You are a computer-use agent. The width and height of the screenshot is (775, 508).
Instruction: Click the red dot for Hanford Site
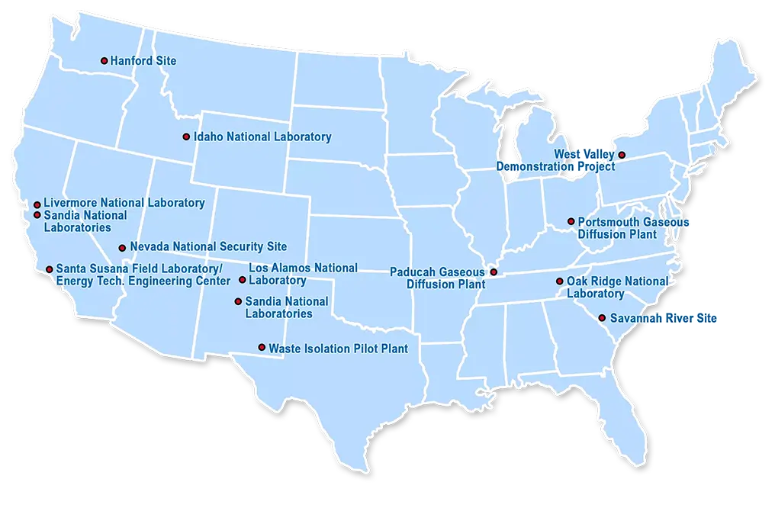coord(105,60)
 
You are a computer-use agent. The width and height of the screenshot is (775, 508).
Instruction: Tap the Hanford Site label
coord(143,60)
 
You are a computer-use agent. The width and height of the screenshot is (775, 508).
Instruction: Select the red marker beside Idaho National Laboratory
coord(186,137)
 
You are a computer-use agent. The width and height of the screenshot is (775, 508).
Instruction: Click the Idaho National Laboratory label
coord(262,137)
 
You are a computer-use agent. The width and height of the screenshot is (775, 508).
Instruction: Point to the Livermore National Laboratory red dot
coord(37,204)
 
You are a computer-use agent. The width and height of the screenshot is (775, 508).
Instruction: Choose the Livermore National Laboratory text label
coord(124,203)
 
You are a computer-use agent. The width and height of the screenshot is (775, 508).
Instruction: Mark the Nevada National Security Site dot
coord(122,248)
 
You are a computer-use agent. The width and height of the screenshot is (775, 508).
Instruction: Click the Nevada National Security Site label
coord(208,247)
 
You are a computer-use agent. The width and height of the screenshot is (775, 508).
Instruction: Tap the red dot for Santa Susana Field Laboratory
coord(50,269)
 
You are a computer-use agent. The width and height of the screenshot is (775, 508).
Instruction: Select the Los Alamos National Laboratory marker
coord(243,280)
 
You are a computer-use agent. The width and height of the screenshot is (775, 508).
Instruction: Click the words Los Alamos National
coord(303,268)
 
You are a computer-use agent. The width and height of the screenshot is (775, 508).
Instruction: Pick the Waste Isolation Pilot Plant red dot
coord(262,348)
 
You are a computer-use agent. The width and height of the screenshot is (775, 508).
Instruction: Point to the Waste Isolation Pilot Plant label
coord(338,349)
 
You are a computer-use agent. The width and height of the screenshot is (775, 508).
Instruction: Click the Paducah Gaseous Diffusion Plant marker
coord(494,272)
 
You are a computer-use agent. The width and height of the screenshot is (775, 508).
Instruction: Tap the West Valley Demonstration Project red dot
coord(622,155)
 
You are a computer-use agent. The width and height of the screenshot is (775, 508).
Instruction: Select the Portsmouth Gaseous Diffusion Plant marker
coord(571,222)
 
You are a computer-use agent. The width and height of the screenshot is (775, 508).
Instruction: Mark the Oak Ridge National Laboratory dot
coord(560,281)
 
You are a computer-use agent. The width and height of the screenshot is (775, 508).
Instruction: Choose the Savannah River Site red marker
coord(602,318)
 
